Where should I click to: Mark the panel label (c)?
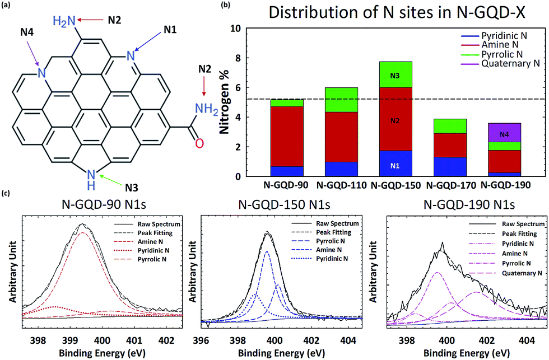coord(7,194)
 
